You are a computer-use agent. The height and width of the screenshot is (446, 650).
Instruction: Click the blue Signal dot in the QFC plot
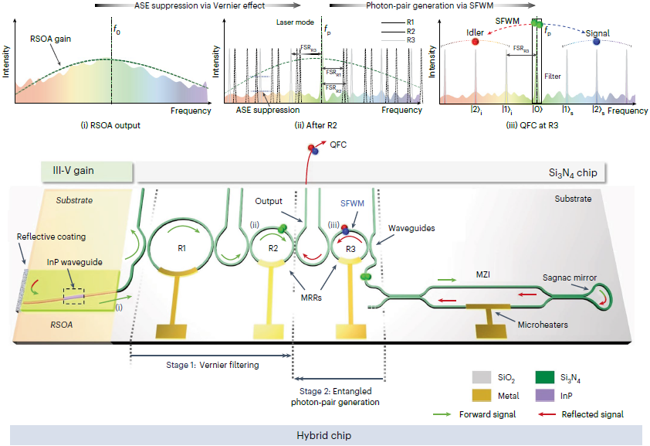pos(596,43)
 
